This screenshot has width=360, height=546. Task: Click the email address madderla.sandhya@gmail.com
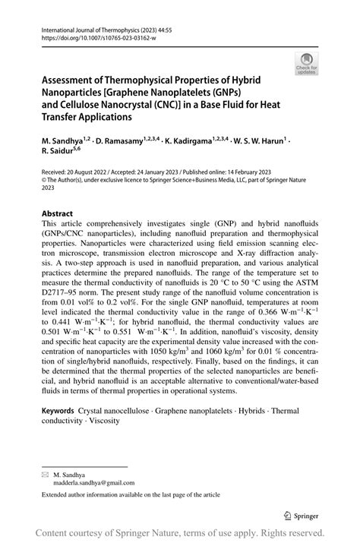[88, 481]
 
